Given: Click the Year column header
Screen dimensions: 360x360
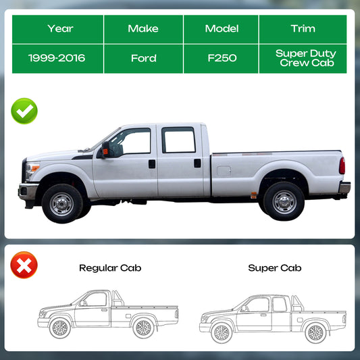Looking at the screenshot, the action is tap(57, 29).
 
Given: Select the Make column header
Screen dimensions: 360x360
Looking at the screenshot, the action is tap(143, 29).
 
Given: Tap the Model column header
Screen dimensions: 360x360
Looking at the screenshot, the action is tap(221, 29).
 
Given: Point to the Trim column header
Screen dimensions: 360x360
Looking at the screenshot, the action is tap(303, 29).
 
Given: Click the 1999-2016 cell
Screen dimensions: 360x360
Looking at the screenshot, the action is tap(57, 59).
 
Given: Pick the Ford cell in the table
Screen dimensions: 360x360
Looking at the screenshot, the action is tap(143, 59).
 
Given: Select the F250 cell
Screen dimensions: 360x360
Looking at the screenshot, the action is tap(221, 59).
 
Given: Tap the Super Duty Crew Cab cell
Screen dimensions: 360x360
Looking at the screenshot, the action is tap(303, 59).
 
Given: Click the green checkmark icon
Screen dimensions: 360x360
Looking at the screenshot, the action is tap(24, 111).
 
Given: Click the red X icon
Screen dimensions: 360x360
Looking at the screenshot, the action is tap(24, 265).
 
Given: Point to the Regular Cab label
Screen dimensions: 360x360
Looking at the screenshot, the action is tap(110, 268).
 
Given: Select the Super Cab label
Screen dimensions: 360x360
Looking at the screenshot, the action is tap(275, 268).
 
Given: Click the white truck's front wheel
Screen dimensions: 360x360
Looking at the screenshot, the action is tap(62, 204).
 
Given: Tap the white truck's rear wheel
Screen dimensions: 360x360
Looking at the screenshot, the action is tap(284, 201).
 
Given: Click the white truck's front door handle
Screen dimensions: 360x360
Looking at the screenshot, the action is tap(152, 164).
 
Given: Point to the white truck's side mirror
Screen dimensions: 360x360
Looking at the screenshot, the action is tap(105, 150).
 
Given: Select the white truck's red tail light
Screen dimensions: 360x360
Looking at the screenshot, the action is tap(342, 165).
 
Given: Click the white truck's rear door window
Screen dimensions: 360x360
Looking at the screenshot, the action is tap(178, 140).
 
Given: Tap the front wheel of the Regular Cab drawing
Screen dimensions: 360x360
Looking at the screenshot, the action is tap(60, 328).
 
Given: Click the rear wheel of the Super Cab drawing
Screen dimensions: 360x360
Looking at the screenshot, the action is tap(315, 333).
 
